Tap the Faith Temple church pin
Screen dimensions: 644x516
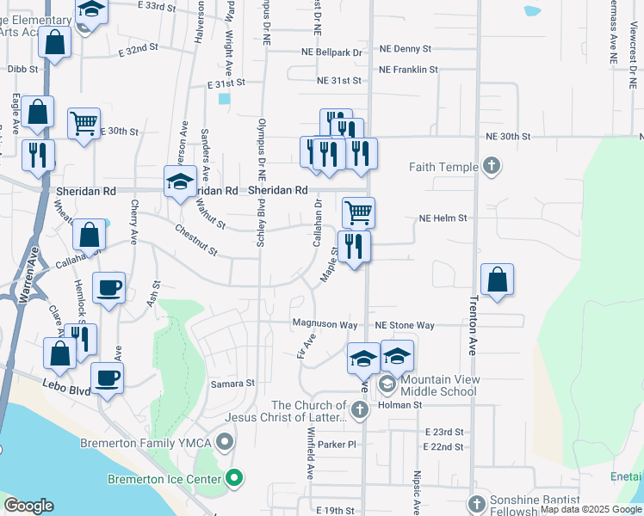[x=491, y=165]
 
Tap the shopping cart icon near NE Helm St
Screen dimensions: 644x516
[x=358, y=212]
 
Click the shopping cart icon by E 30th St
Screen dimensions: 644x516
[x=84, y=123]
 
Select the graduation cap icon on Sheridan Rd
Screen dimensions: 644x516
[x=180, y=182]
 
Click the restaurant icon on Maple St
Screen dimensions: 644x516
[x=354, y=247]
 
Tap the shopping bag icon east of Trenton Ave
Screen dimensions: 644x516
[x=497, y=279]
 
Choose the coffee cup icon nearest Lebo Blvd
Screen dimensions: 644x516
[x=107, y=378]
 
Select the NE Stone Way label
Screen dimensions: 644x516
[x=405, y=326]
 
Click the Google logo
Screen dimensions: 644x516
[x=29, y=507]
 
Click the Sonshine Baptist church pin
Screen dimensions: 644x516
[x=477, y=503]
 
